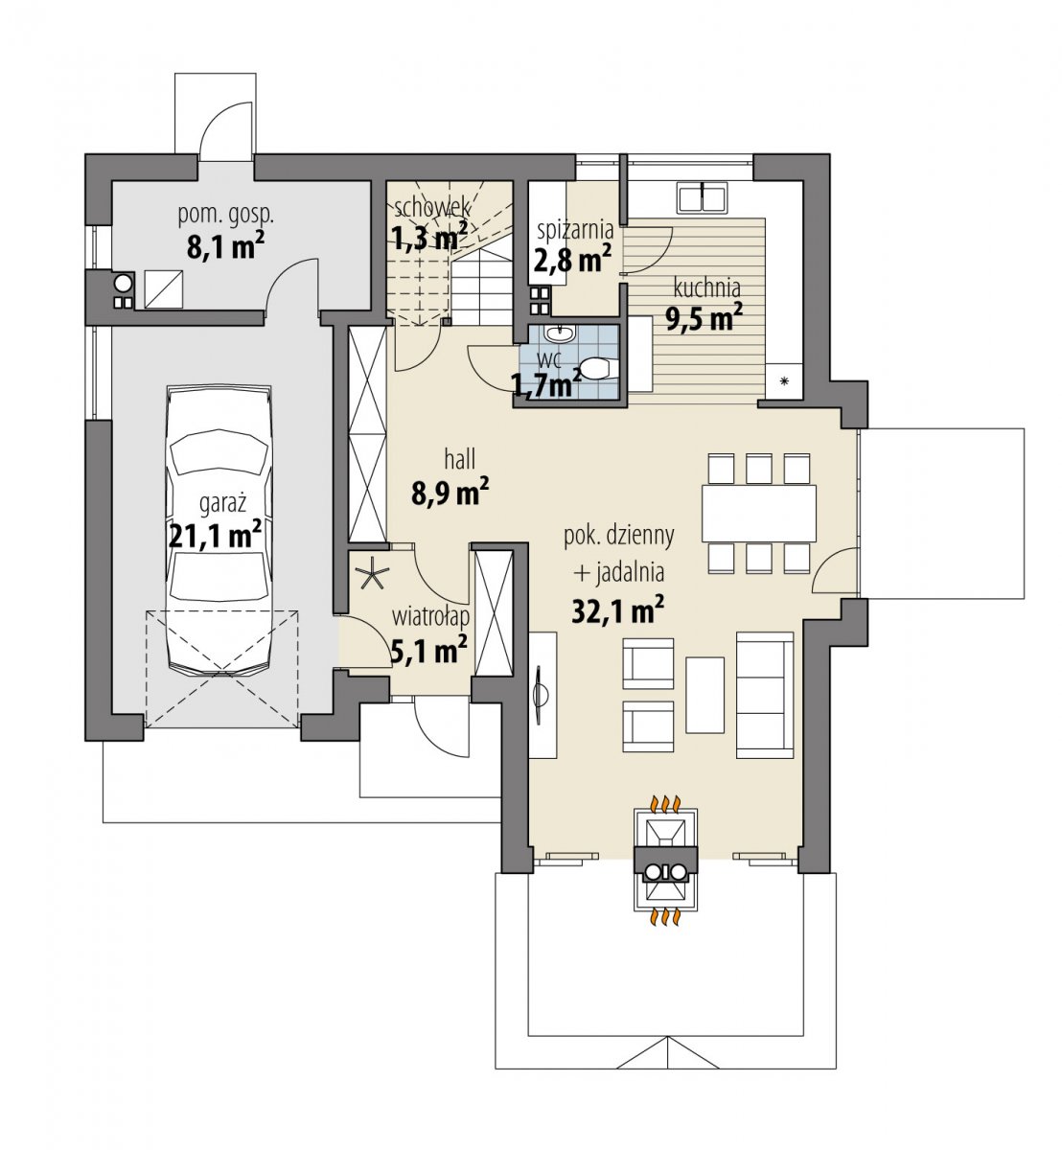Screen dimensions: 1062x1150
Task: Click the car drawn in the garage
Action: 219,532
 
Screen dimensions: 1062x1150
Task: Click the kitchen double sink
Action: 703,196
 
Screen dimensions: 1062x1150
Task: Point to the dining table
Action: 758,514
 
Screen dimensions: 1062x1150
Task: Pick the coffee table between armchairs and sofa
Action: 704,695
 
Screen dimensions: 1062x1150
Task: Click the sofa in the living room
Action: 765,695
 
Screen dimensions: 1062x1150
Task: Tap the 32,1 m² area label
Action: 617,610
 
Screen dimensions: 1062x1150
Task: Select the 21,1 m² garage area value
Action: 215,534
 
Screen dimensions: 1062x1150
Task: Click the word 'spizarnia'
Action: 575,230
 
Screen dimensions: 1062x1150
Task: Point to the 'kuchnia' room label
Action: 706,287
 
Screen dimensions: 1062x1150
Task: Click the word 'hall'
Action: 460,459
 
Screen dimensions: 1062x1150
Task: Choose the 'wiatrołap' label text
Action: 430,618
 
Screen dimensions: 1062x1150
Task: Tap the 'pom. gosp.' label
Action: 226,215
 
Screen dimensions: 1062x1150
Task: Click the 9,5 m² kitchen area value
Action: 704,318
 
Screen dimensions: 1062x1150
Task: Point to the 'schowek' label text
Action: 431,208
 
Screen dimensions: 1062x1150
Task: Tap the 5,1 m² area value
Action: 429,651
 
